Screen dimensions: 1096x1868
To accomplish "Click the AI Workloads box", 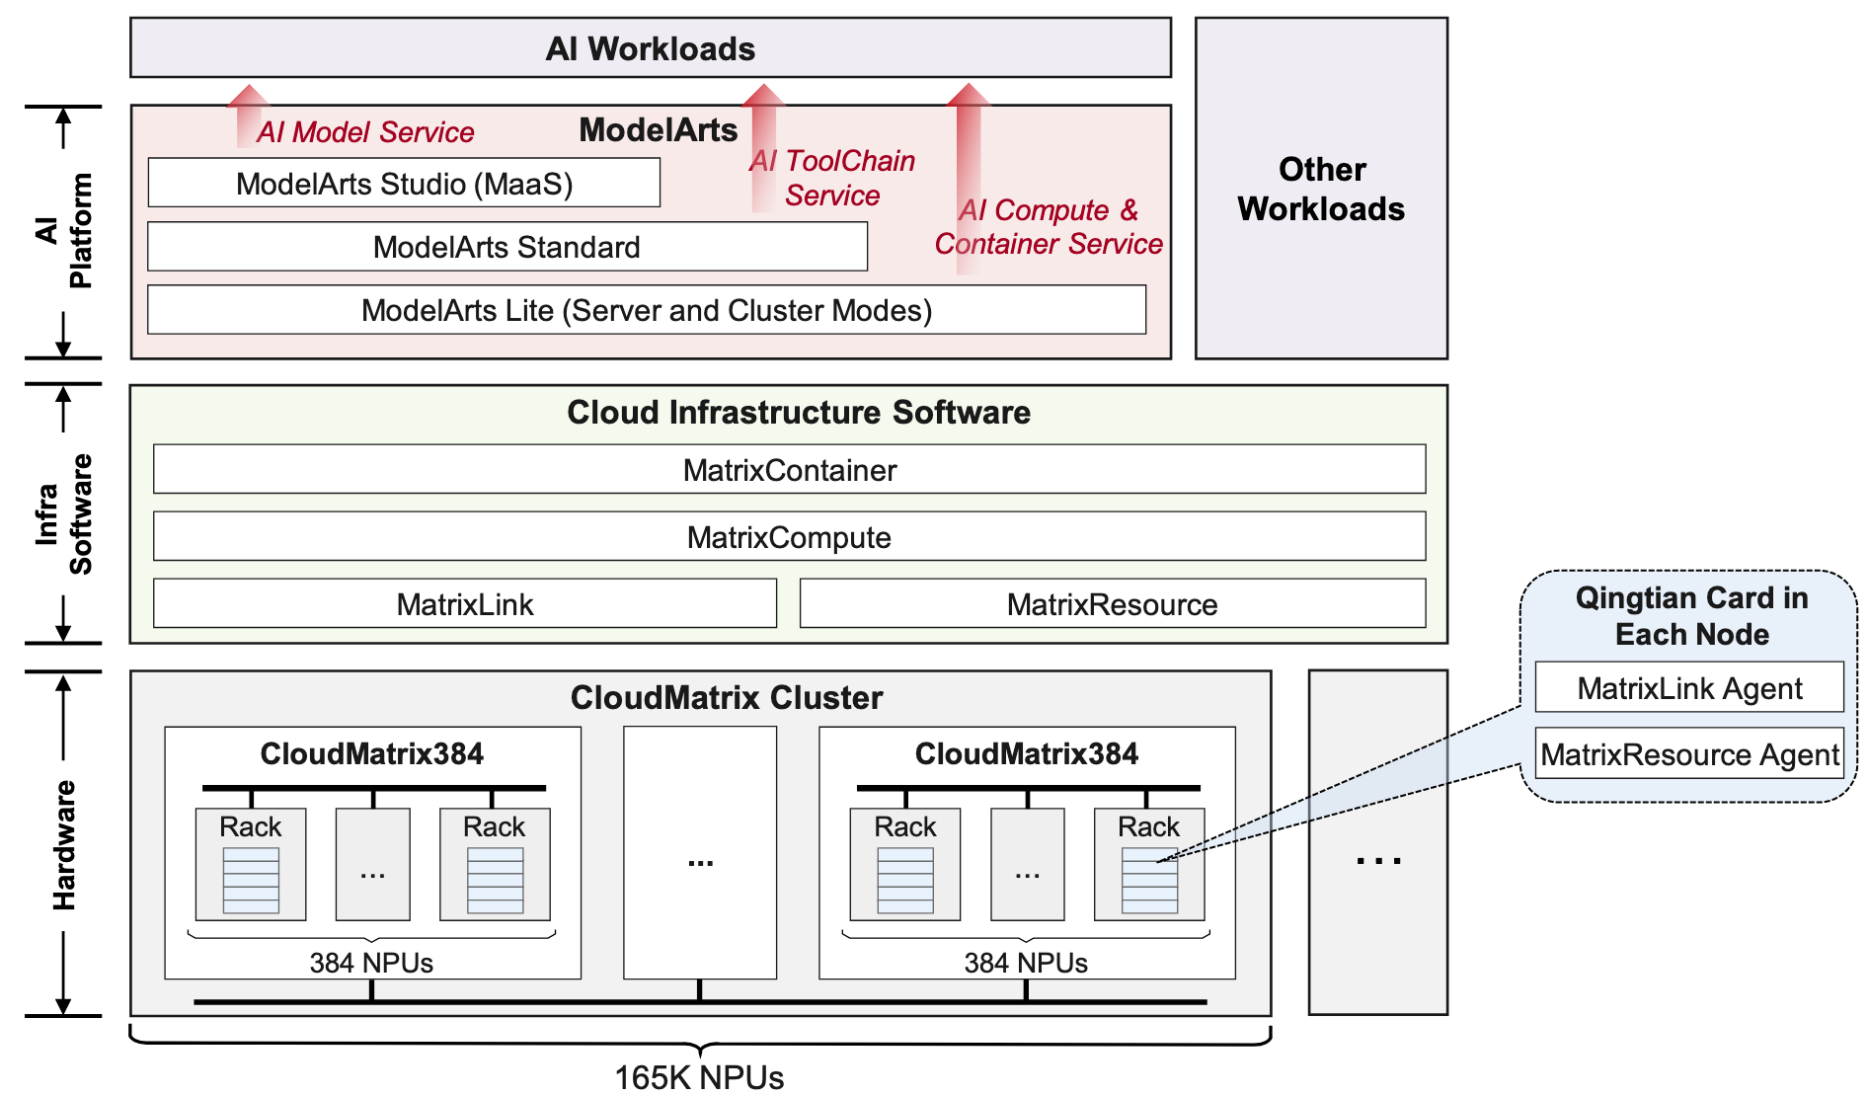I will [650, 48].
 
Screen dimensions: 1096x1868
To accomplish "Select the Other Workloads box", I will [1321, 189].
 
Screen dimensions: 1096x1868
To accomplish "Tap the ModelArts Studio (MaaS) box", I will [404, 184].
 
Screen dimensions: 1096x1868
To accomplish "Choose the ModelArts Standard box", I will [506, 247].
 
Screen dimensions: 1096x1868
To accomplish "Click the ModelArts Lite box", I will [646, 310].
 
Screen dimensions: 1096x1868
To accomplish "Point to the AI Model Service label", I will [365, 132].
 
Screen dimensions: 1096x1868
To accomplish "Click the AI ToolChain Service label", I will [832, 178].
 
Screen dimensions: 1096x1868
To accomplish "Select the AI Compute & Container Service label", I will [1049, 227].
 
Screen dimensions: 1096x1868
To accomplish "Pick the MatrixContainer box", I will [789, 470].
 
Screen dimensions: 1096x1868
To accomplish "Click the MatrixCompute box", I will [789, 537].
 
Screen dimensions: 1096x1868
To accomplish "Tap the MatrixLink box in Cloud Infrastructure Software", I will [464, 604].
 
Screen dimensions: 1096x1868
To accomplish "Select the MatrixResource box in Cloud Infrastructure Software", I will [1112, 604].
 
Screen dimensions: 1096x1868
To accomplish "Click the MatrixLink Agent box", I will [1688, 688].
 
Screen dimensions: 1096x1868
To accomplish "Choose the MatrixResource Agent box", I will [1688, 755].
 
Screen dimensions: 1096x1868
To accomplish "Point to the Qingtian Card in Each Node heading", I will [1691, 616].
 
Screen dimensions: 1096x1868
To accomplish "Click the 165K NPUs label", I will [699, 1077].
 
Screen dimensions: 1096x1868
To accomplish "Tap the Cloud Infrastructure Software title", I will [798, 413].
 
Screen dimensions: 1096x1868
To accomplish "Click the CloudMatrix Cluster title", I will [726, 698].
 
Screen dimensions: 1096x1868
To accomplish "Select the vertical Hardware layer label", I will [64, 844].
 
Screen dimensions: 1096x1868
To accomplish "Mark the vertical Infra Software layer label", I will [64, 513].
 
